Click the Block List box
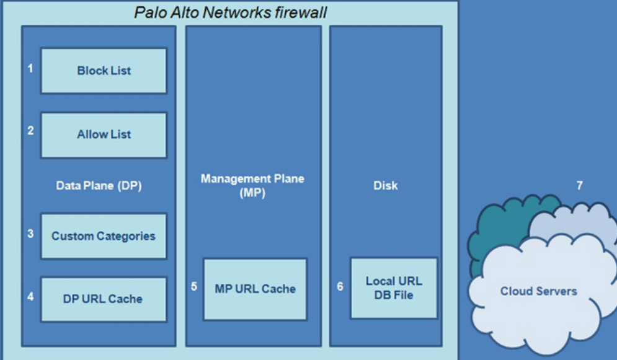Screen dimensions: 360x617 104,71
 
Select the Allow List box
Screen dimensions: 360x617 104,134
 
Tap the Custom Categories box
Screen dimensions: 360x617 104,236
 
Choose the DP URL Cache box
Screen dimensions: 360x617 104,299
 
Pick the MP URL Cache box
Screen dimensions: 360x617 255,289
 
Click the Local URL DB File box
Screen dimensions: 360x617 394,288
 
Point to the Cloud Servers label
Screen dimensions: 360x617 538,291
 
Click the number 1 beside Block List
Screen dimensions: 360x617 30,69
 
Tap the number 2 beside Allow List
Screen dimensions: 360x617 30,131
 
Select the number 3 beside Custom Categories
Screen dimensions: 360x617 30,235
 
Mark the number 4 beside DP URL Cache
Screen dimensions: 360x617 30,296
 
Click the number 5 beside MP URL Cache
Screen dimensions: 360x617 194,287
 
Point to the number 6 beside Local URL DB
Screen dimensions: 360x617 340,287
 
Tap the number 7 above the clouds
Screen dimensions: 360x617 579,185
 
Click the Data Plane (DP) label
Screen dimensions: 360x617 99,185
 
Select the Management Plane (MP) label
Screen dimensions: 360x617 252,185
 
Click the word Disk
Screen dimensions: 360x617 385,185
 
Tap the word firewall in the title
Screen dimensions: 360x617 298,12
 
